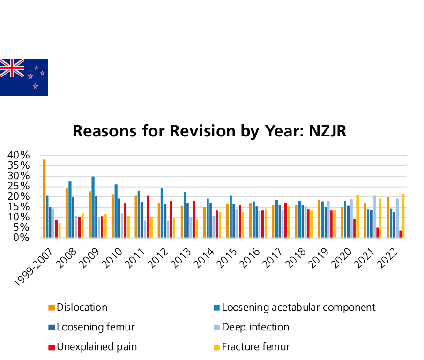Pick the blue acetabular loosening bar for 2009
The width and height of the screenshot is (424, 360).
pos(93,207)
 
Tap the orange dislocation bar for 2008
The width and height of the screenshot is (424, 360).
pos(67,212)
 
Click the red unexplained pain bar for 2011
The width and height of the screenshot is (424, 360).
pos(148,217)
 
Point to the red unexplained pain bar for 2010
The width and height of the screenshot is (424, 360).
pos(125,220)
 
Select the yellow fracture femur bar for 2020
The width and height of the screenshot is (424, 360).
pos(357,216)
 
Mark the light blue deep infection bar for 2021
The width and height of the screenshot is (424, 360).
pos(374,217)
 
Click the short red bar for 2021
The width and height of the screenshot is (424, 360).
pos(377,232)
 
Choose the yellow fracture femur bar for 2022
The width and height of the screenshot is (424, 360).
pos(403,215)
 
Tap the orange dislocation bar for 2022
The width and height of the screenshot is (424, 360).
pos(388,217)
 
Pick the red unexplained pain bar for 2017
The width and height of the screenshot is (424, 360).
pos(286,220)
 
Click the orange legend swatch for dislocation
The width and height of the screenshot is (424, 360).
pos(52,308)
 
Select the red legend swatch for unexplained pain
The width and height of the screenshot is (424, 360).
pos(52,347)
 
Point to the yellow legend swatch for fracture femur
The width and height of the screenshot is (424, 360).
pos(216,347)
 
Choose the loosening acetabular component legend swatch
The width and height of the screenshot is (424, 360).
pos(216,308)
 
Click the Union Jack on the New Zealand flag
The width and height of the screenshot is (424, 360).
pos(12,68)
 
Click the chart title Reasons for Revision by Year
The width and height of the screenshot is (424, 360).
pos(209,131)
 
